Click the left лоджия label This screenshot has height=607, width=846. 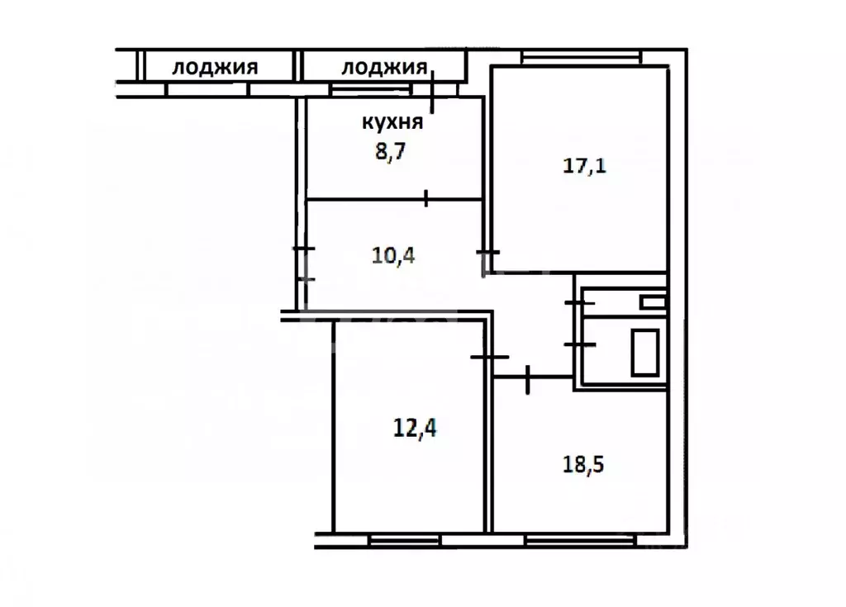click(x=214, y=68)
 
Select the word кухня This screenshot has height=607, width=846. click(x=392, y=123)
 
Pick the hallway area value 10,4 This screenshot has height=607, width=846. click(x=393, y=254)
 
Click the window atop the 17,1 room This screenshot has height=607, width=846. click(x=581, y=57)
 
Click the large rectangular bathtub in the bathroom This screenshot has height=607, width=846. click(x=645, y=351)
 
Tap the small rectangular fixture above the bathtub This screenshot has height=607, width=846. click(x=653, y=302)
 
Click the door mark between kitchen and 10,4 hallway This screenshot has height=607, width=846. click(x=425, y=198)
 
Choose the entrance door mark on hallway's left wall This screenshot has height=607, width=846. click(x=304, y=263)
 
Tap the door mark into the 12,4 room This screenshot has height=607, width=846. click(x=490, y=357)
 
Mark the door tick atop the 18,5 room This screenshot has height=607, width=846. click(x=527, y=378)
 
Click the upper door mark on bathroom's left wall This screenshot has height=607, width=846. click(x=579, y=303)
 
